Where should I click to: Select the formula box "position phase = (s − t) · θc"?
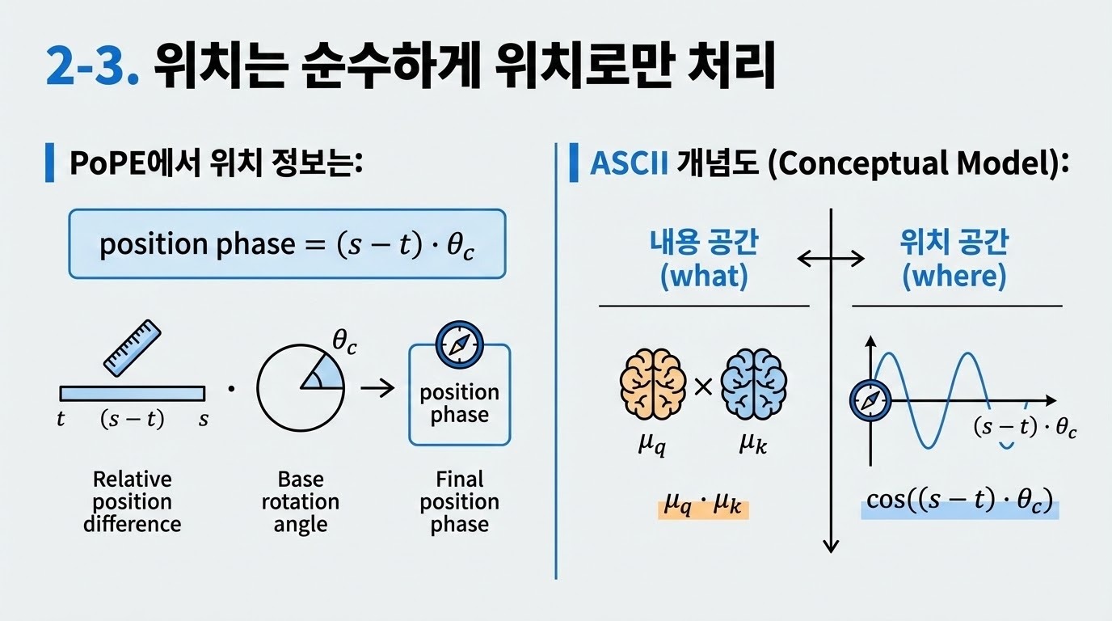pyautogui.click(x=287, y=244)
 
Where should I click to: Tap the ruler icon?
pyautogui.click(x=133, y=348)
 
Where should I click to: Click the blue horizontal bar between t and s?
pyautogui.click(x=133, y=393)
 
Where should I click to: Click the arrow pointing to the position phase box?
pyautogui.click(x=377, y=389)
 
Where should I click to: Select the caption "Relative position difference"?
pyautogui.click(x=132, y=501)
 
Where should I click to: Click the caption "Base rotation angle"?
pyautogui.click(x=300, y=501)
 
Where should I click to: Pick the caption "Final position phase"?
pyautogui.click(x=459, y=501)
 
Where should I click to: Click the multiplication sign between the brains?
pyautogui.click(x=703, y=387)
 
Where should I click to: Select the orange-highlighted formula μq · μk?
pyautogui.click(x=703, y=509)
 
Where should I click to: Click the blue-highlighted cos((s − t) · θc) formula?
pyautogui.click(x=959, y=501)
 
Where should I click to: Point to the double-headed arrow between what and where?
pyautogui.click(x=831, y=259)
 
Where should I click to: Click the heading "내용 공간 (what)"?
pyautogui.click(x=704, y=259)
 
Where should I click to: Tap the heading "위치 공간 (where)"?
pyautogui.click(x=954, y=259)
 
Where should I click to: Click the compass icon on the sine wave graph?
pyautogui.click(x=870, y=400)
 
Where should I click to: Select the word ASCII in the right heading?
pyautogui.click(x=629, y=163)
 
